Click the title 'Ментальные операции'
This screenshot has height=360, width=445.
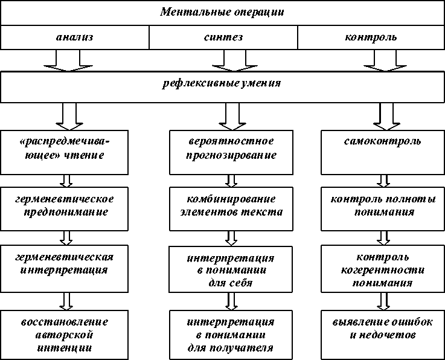click(x=222, y=12)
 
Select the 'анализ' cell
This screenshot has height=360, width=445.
click(x=74, y=37)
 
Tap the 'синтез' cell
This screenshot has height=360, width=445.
click(x=223, y=37)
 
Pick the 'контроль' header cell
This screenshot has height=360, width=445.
click(x=370, y=37)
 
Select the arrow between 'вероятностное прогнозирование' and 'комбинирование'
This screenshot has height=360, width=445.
click(x=231, y=181)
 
